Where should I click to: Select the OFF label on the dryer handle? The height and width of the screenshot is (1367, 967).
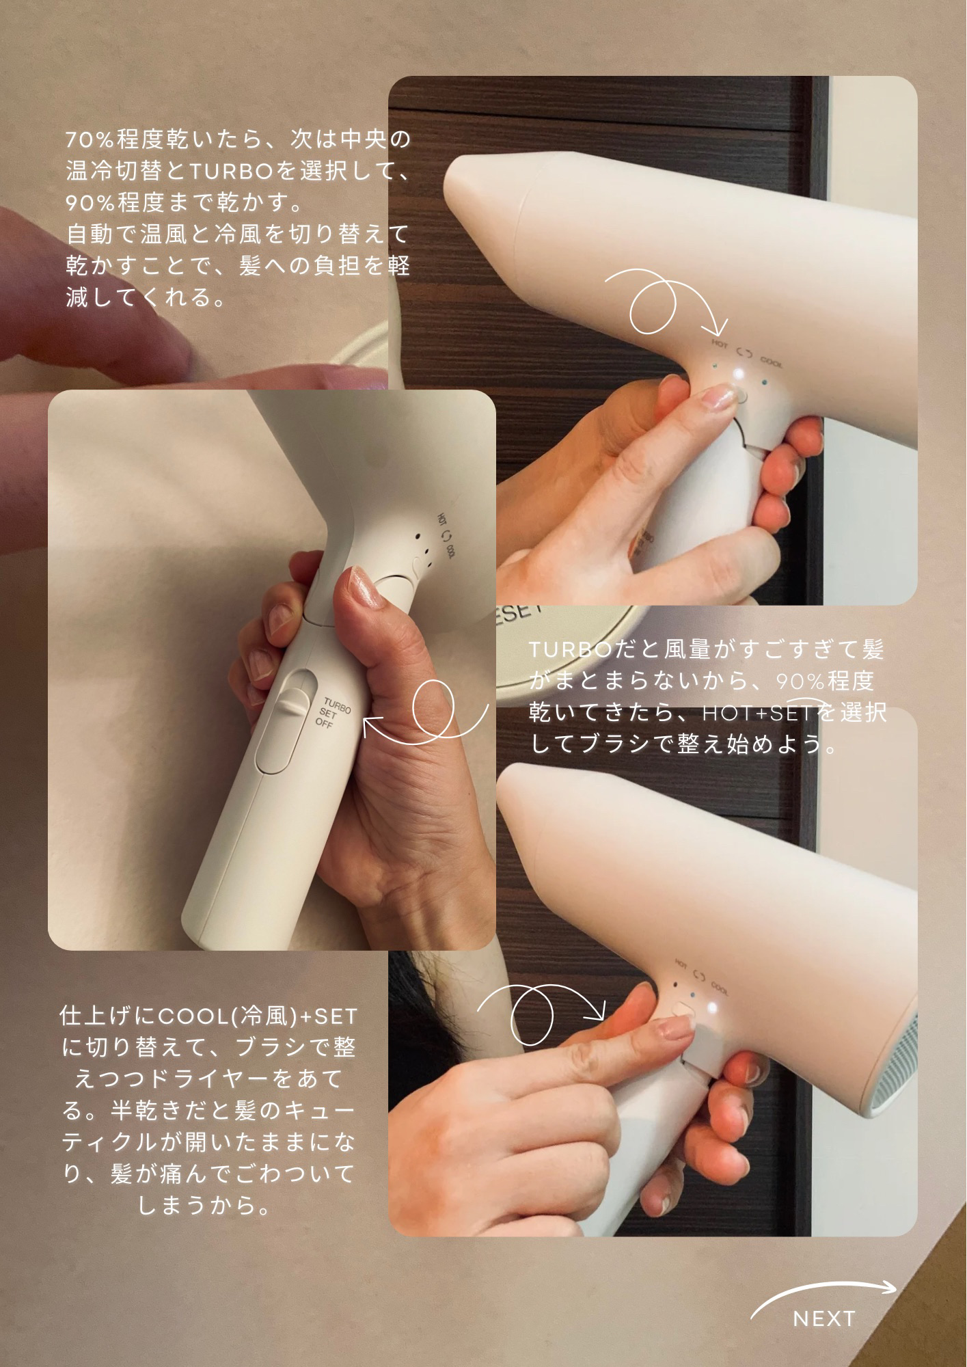coord(324,722)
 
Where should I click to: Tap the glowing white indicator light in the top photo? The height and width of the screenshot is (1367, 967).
coord(738,375)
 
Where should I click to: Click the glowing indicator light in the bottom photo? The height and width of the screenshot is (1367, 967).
coord(713,1007)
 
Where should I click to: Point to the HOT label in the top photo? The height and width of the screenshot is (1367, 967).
coord(720,344)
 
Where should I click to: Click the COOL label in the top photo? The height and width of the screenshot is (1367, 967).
coord(772,360)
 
